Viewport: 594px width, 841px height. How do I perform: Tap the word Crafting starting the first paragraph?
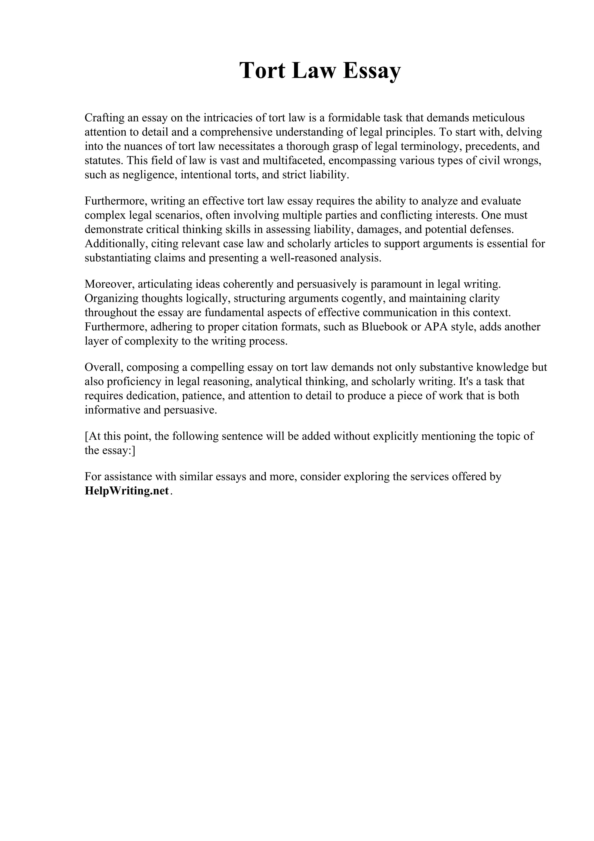pyautogui.click(x=103, y=118)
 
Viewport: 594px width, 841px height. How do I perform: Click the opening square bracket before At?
pyautogui.click(x=86, y=436)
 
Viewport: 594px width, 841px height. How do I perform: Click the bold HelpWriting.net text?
pyautogui.click(x=127, y=491)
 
